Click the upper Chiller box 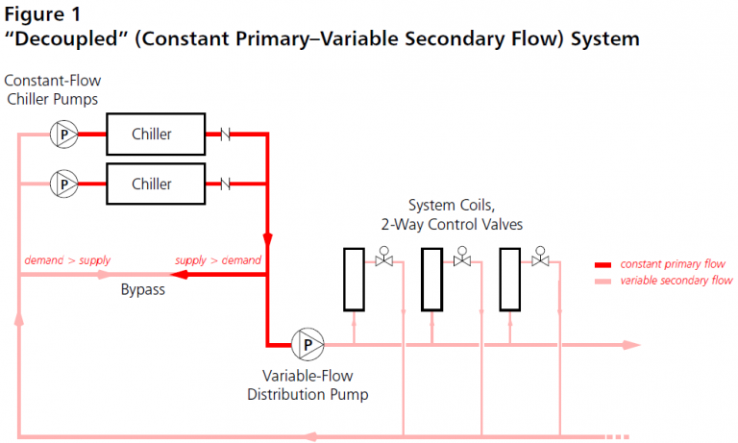(152, 135)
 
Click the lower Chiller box (152, 184)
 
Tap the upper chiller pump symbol (64, 135)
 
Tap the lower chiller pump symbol (64, 183)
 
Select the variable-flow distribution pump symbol (308, 343)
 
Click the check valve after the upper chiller (228, 135)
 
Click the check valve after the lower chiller (228, 184)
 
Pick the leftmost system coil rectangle (354, 279)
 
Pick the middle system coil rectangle (431, 279)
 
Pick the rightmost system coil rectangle (509, 279)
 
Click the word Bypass (142, 289)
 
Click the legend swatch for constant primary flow (604, 264)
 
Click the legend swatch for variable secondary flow (604, 281)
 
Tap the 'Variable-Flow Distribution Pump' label (307, 384)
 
